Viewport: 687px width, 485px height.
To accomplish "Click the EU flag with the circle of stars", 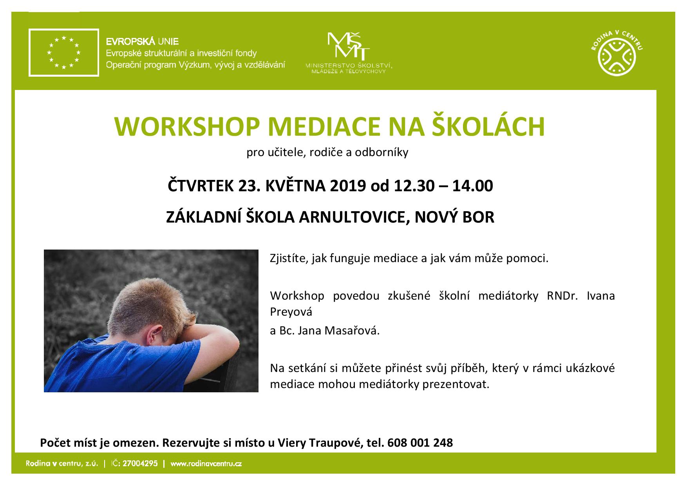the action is pos(64,52).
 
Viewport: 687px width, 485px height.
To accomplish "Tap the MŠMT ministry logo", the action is pos(349,52).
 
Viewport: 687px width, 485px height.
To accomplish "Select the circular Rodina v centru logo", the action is pos(617,54).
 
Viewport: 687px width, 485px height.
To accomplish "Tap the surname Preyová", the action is pos(291,312).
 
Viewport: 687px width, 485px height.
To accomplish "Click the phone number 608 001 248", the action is pos(420,443).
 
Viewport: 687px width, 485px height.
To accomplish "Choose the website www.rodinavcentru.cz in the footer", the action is pos(206,463).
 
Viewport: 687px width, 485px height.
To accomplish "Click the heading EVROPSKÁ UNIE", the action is pos(143,41).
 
